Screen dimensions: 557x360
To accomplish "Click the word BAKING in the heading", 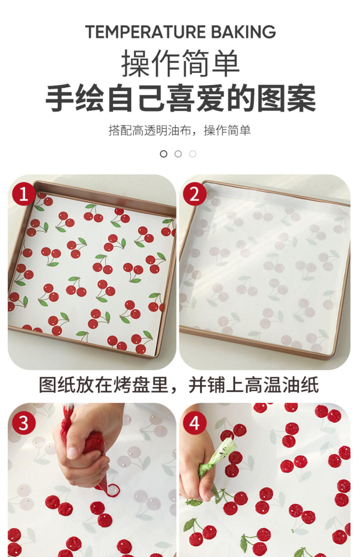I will (x=243, y=32).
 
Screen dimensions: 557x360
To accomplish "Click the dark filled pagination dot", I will (x=163, y=154).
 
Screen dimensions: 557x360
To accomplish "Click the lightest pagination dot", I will (x=193, y=154).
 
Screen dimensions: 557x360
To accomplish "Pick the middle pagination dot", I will (x=178, y=154).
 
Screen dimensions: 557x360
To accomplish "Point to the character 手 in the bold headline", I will (x=59, y=99).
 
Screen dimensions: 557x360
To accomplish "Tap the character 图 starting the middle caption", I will (x=48, y=385).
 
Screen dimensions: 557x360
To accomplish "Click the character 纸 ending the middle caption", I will (x=310, y=385).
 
